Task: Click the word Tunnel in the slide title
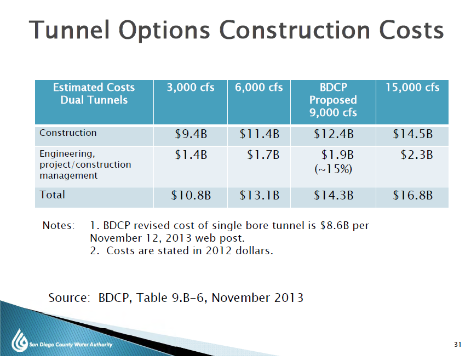[69, 30]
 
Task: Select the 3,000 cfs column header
[191, 88]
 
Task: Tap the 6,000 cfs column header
[259, 88]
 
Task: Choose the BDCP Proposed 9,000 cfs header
[333, 100]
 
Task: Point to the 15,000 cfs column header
[412, 88]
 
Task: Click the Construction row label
[68, 133]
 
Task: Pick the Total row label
[52, 195]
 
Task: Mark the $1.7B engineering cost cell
[263, 155]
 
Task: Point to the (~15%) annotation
[333, 169]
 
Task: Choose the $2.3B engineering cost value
[417, 155]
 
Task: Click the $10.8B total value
[191, 196]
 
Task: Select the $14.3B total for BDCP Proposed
[334, 196]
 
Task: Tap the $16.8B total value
[413, 196]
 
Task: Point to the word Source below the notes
[69, 298]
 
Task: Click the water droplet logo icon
[20, 340]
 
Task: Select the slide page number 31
[457, 344]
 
